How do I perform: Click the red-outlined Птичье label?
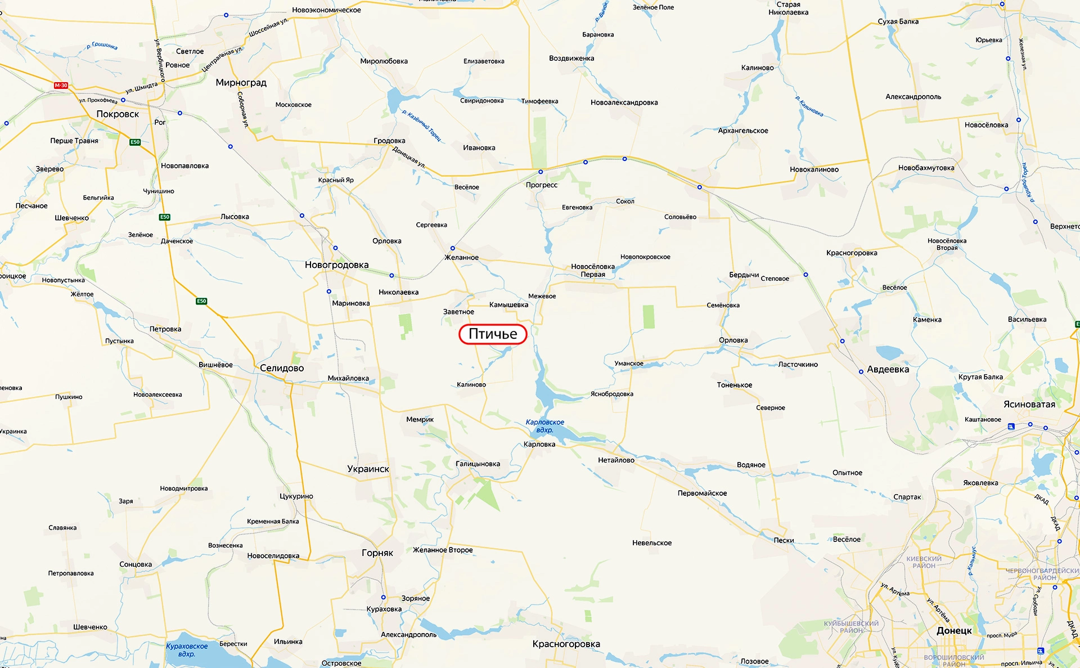[493, 334]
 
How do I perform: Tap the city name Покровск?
[118, 114]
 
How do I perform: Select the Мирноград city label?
[241, 83]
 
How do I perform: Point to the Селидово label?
[282, 368]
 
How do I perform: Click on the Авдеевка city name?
[888, 370]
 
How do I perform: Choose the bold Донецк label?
[954, 631]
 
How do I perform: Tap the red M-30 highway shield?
[61, 86]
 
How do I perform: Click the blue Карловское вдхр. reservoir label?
[544, 426]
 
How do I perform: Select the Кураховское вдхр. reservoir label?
[187, 650]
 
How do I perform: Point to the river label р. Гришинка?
[102, 46]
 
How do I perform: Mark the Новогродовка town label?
[336, 265]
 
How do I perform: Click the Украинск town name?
[368, 469]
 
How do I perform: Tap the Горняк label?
[377, 553]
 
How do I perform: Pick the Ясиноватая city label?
[1029, 405]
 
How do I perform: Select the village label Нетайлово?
[616, 460]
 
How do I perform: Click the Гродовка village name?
[389, 141]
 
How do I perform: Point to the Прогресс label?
[542, 185]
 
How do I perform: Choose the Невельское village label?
[652, 543]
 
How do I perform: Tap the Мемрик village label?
[420, 419]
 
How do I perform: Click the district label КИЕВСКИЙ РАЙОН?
[924, 562]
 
